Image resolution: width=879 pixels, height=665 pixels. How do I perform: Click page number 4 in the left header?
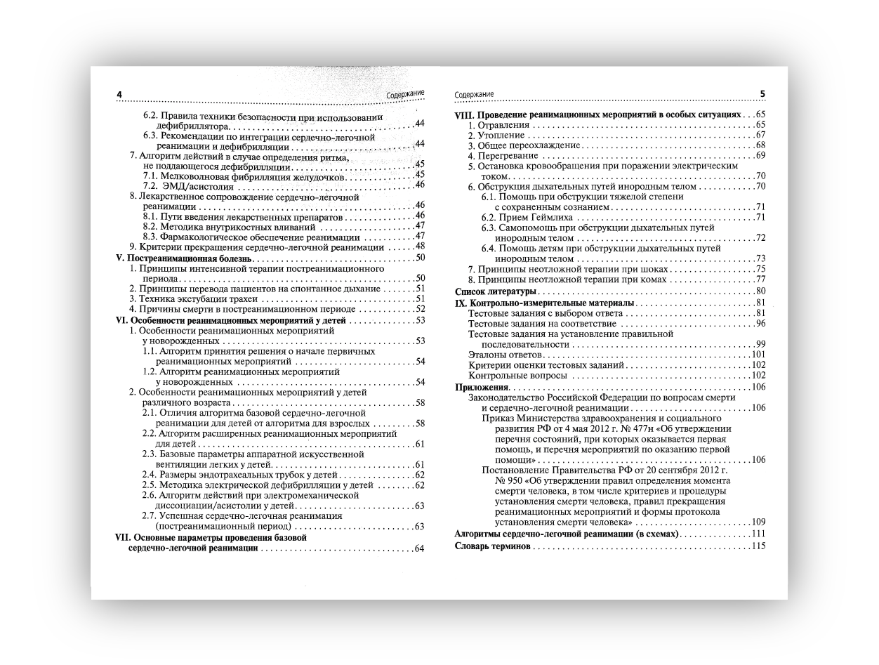click(119, 95)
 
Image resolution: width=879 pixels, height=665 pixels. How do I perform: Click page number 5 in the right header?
click(762, 93)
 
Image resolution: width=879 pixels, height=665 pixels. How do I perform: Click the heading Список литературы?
click(496, 291)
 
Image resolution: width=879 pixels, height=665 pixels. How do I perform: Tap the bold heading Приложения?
click(482, 387)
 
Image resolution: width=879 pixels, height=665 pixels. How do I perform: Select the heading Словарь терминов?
click(492, 546)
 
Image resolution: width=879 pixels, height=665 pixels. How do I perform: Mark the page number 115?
click(758, 546)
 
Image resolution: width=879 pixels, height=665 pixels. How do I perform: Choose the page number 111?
click(758, 534)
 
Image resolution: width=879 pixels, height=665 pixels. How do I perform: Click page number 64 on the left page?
click(420, 548)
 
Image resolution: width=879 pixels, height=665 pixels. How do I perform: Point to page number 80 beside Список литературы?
click(760, 291)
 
